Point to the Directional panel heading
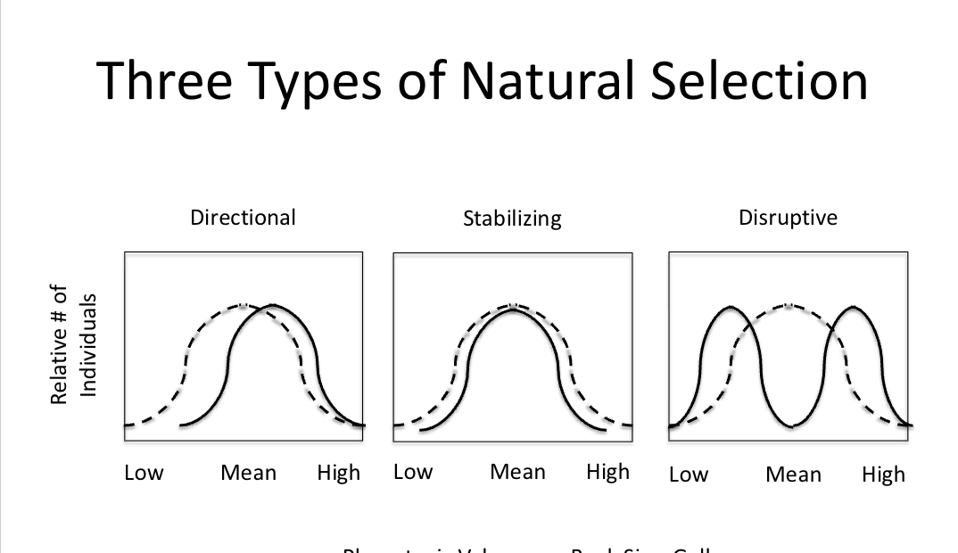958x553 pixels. point(243,217)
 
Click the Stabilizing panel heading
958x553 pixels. point(512,219)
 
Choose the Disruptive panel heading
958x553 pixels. point(788,218)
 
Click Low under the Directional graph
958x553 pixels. point(144,473)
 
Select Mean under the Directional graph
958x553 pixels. point(249,473)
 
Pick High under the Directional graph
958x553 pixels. point(339,473)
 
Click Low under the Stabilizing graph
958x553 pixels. point(413,472)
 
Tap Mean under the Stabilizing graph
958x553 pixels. point(517,472)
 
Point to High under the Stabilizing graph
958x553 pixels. point(607,472)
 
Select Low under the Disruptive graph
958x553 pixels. point(688,475)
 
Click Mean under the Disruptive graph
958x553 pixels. point(793,475)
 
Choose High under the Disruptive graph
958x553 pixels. point(883,475)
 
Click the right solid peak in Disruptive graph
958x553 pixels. point(855,308)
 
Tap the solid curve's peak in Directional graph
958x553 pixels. point(271,306)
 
